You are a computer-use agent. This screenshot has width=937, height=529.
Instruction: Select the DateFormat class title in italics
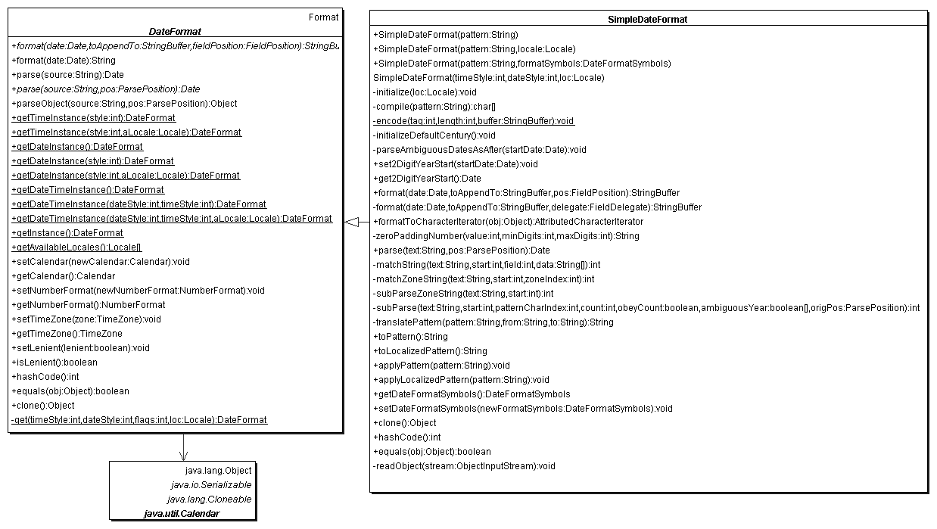[175, 32]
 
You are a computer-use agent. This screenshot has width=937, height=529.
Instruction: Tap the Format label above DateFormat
[324, 17]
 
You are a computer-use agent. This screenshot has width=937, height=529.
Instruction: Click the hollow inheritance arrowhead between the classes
[351, 221]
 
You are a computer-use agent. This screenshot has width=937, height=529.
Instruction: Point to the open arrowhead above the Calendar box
[182, 455]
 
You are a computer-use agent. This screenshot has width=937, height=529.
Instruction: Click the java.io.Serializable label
[210, 484]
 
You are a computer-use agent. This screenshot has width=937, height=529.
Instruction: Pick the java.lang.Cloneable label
[209, 499]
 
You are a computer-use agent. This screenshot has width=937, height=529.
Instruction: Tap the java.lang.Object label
[218, 470]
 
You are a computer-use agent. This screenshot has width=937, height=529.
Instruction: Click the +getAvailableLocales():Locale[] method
[76, 247]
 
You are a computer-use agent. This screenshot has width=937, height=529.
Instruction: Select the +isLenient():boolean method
[54, 363]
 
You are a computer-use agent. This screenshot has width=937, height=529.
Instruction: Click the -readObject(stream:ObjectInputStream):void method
[464, 466]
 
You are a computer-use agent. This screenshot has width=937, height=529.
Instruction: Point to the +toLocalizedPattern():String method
[430, 351]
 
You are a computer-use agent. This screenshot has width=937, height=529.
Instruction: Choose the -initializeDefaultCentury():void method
[434, 135]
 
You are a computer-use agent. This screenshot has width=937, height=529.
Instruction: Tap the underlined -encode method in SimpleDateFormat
[474, 120]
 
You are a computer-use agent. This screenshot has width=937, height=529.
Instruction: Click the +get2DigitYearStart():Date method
[427, 179]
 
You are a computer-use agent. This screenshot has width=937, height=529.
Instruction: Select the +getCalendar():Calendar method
[64, 276]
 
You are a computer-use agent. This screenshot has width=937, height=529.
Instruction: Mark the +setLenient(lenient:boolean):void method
[80, 348]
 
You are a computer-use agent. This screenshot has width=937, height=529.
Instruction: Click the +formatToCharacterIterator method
[508, 222]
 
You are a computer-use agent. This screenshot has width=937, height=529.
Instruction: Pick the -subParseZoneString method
[463, 294]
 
